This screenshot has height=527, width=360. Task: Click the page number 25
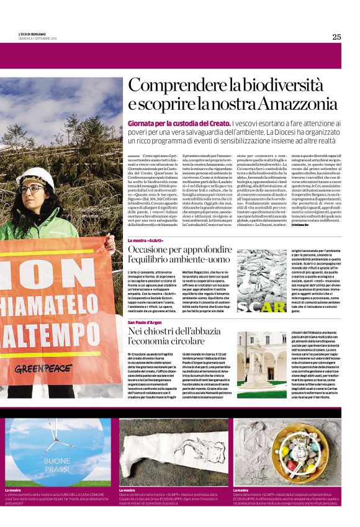[x=336, y=37]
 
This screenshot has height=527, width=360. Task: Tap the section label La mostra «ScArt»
[x=146, y=240]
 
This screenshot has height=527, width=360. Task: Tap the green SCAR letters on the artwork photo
[x=261, y=307]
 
